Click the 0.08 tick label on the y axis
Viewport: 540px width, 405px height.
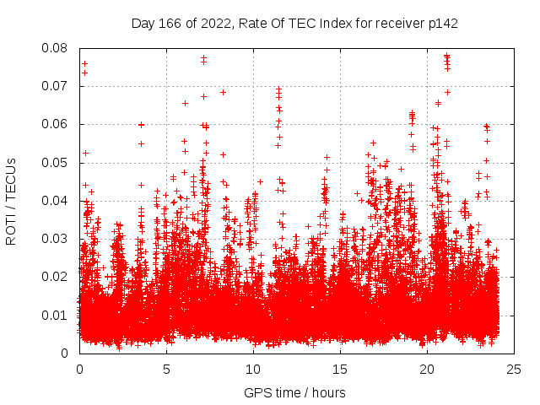click(57, 48)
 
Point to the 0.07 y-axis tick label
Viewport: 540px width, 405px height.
click(57, 86)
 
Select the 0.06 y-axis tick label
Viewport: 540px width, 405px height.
click(57, 124)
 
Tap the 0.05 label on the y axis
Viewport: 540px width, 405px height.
click(57, 162)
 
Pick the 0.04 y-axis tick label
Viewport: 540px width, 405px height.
click(57, 201)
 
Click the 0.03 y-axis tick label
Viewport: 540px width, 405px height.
click(57, 239)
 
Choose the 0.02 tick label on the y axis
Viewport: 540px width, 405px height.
click(57, 277)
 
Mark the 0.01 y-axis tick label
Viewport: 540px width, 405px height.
click(57, 316)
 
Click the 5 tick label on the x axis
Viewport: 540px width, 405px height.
click(166, 369)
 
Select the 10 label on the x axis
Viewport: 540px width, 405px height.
click(253, 369)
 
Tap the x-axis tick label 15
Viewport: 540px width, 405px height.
click(340, 369)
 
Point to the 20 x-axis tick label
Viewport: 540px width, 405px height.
click(427, 369)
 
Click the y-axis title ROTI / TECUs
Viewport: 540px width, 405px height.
click(11, 200)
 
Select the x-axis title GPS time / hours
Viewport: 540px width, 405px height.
click(295, 392)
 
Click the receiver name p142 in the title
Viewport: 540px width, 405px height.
click(442, 23)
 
